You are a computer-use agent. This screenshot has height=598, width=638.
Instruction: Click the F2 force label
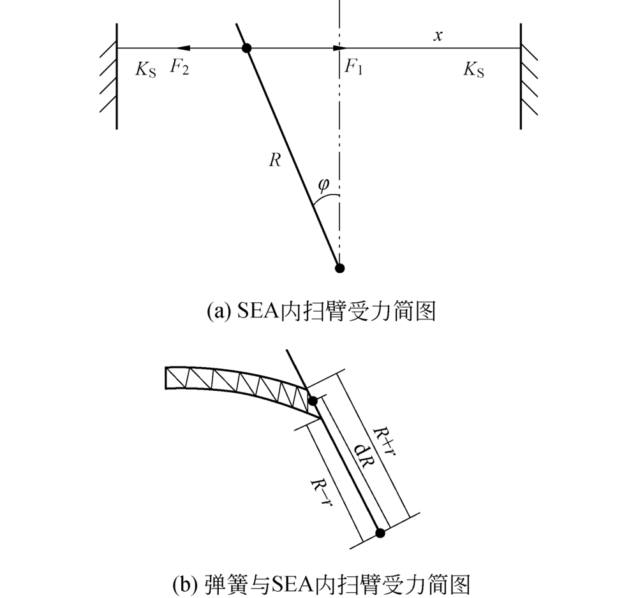[179, 67]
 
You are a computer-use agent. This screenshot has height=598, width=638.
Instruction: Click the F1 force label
[353, 66]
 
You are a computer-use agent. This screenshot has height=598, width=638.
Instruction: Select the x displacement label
[438, 36]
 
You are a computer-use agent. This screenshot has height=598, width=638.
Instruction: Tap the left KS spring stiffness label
[145, 69]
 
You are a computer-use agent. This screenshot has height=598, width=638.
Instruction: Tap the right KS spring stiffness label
[473, 69]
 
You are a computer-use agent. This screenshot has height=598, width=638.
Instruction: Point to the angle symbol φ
[323, 185]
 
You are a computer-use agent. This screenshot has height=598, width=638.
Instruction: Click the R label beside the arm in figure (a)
[275, 160]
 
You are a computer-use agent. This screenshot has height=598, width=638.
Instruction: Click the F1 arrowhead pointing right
[339, 48]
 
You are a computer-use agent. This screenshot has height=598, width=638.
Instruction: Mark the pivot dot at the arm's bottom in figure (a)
[339, 268]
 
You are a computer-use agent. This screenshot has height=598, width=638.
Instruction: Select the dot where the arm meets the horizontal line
[246, 48]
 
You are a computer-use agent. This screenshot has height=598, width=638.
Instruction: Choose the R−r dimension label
[322, 492]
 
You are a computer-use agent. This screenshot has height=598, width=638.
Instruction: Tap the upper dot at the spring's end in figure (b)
[313, 401]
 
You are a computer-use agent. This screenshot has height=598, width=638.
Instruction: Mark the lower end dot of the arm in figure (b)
[380, 533]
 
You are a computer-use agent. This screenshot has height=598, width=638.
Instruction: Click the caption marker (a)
[217, 312]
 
